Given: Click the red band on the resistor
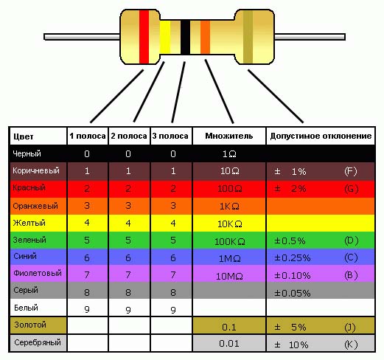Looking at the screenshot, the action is [144, 37].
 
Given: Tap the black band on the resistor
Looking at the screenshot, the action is [185, 37].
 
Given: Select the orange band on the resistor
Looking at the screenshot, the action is [205, 37].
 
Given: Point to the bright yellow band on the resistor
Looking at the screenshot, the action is [165, 37].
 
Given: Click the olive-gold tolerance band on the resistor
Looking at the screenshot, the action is [248, 37].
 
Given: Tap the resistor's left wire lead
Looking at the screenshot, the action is [82, 37].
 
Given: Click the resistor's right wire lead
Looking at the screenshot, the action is [310, 37].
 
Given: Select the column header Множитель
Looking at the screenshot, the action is [229, 136].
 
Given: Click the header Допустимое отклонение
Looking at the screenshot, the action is [321, 136].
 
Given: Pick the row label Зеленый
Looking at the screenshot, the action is [29, 240].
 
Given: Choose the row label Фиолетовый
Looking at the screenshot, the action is [38, 273].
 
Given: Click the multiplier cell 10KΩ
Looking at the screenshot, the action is [230, 224].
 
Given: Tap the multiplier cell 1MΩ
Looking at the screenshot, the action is [230, 258].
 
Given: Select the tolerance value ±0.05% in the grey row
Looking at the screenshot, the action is [293, 293].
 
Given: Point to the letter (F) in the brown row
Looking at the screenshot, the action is [351, 171].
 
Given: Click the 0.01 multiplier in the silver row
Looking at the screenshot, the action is [229, 344].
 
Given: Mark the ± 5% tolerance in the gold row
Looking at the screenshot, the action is [290, 327].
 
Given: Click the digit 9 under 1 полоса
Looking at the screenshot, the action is [87, 309].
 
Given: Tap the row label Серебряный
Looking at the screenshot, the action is [38, 342].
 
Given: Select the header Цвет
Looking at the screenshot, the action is [24, 136].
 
